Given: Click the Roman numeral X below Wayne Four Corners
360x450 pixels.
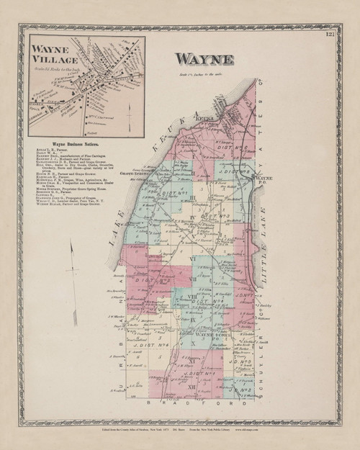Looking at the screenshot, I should (x=192, y=343).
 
